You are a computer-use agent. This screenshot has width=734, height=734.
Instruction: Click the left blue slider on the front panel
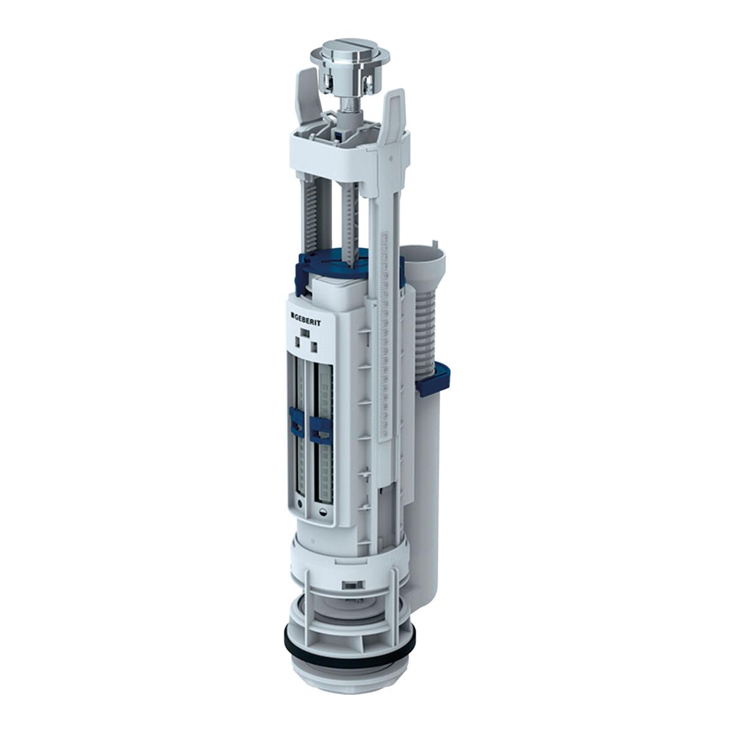point(296,423)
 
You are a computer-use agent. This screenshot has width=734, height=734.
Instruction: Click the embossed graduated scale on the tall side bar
point(385,336)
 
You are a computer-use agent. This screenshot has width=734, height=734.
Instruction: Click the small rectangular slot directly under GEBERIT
point(304,333)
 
